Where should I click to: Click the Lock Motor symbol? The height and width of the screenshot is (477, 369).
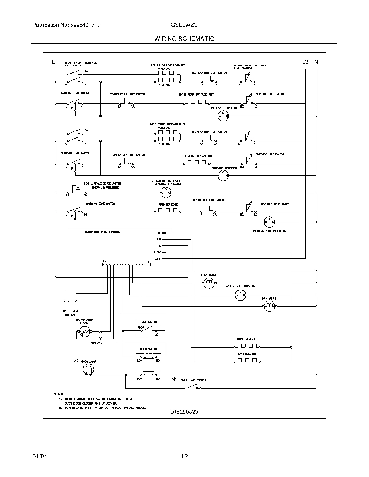(x=209, y=283)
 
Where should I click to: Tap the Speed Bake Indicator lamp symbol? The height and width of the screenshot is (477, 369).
(x=240, y=295)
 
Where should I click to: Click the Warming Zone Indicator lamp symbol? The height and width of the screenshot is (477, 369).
(x=269, y=221)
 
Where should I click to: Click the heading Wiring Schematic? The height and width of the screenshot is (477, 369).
(x=184, y=39)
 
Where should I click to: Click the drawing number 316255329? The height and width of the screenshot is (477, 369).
(x=184, y=412)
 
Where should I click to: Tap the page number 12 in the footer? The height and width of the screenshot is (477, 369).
(x=184, y=456)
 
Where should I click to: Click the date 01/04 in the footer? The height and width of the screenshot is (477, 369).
(x=39, y=456)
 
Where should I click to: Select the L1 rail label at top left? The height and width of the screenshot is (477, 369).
(x=54, y=62)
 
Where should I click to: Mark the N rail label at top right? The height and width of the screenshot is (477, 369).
(x=316, y=62)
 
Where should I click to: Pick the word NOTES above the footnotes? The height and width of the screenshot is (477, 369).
(x=58, y=394)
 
